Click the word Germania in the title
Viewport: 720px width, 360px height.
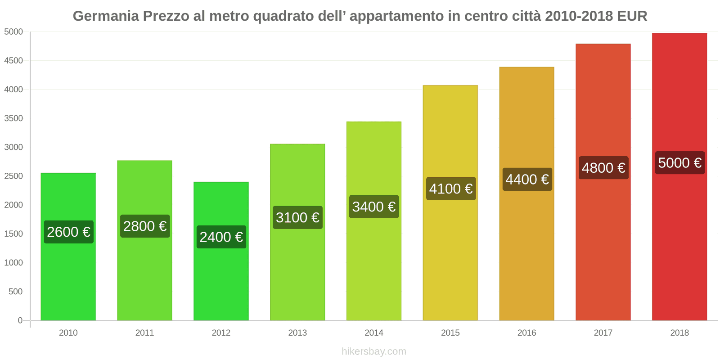click(x=106, y=16)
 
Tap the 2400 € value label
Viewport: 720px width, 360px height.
click(x=221, y=237)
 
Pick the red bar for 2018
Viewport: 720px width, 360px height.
click(x=679, y=247)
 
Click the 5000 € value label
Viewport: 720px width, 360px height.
click(x=679, y=163)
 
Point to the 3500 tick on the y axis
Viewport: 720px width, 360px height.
click(x=13, y=118)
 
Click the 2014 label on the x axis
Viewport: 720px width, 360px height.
click(x=373, y=333)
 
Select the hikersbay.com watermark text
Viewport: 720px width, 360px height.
click(x=373, y=351)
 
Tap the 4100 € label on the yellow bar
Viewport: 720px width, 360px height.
click(x=450, y=189)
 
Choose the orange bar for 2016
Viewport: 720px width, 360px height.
click(x=526, y=252)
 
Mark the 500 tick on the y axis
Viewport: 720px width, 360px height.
click(x=15, y=292)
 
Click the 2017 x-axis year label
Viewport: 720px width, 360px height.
click(x=603, y=333)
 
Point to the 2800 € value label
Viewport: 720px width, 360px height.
click(x=145, y=226)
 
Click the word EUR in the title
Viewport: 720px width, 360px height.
click(x=632, y=16)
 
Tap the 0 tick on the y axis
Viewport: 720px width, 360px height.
click(x=20, y=320)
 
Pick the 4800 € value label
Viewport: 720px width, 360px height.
click(x=603, y=168)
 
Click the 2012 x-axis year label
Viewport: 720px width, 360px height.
click(x=221, y=333)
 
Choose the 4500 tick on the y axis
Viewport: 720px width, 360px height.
click(x=13, y=61)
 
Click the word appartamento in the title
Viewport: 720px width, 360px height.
click(x=396, y=16)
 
